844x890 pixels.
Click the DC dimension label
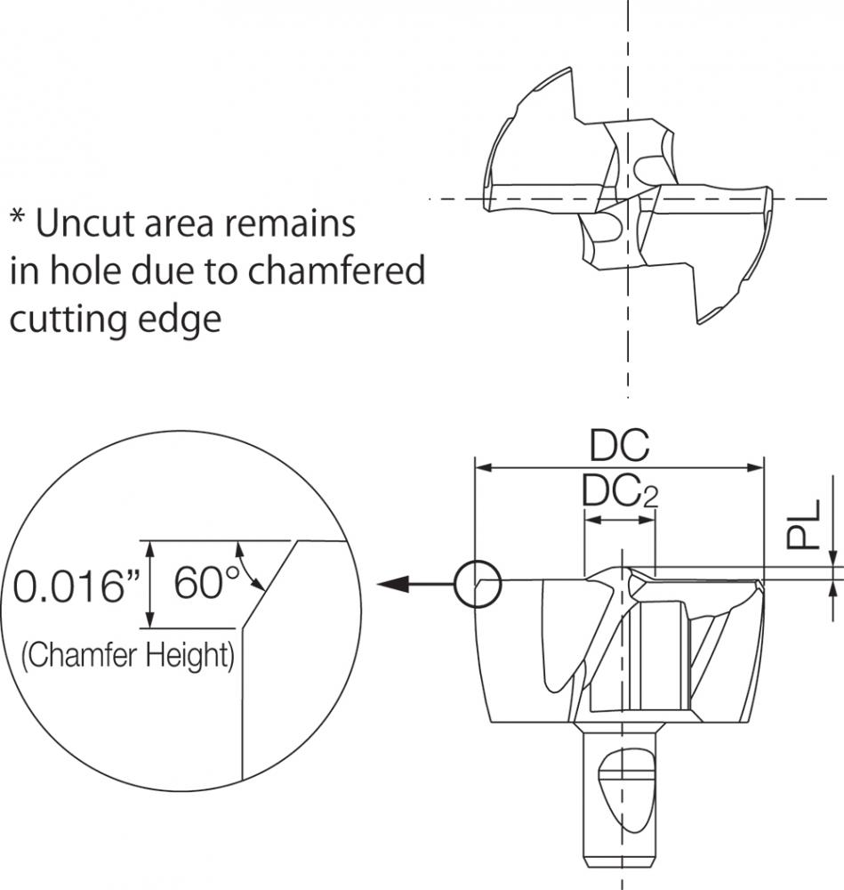coord(619,445)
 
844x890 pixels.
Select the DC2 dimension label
coord(620,491)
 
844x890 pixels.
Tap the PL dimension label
coord(803,523)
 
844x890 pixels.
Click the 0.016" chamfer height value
coord(76,586)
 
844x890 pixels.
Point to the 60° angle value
coord(206,583)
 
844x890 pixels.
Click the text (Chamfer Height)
coord(127,656)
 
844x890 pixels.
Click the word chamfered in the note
coord(336,271)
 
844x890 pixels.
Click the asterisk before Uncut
coord(18,217)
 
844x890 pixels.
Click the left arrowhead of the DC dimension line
coord(483,468)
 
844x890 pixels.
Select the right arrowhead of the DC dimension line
coord(756,468)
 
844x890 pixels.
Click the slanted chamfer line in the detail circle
coord(270,584)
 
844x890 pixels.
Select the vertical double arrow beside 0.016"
coord(149,584)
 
